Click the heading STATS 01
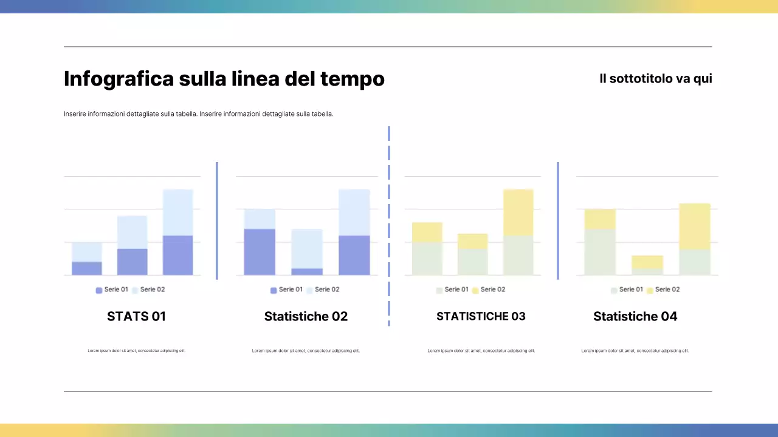pos(136,316)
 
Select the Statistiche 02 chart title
pos(306,316)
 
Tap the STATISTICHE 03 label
pos(481,316)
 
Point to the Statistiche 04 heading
pos(635,316)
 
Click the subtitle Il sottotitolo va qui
pos(655,79)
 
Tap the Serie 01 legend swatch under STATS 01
pos(99,290)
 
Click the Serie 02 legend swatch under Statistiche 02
pos(309,290)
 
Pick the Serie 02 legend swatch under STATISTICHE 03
pos(475,290)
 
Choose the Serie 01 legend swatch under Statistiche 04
pos(614,290)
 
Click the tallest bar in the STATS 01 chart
pos(177,232)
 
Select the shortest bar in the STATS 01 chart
pos(87,259)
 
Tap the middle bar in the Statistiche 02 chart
pos(307,252)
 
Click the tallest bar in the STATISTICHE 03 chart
pos(518,232)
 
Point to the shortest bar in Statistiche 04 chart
pos(647,265)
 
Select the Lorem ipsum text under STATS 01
pos(137,351)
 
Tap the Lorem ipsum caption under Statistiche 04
pos(635,351)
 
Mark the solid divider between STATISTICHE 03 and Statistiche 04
pos(558,220)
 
